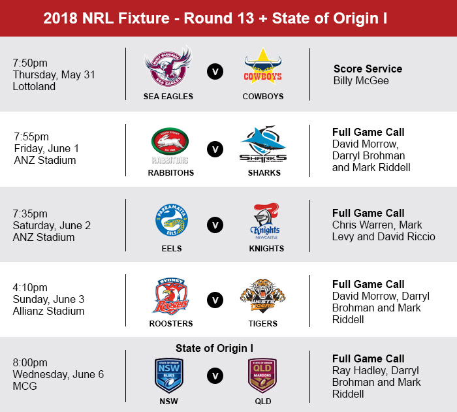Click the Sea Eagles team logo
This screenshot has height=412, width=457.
[168, 67]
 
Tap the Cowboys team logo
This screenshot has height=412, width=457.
[263, 67]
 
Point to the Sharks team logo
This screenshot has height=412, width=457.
[263, 144]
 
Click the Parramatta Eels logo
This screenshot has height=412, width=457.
[172, 220]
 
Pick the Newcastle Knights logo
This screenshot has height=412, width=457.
[266, 221]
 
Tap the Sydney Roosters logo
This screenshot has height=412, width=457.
[171, 296]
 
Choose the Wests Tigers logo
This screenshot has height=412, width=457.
[262, 296]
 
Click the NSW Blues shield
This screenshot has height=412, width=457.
[168, 375]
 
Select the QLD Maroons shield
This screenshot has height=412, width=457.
[262, 375]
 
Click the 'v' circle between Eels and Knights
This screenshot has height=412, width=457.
[215, 225]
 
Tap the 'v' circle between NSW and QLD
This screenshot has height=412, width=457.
[215, 376]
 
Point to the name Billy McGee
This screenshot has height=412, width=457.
[361, 80]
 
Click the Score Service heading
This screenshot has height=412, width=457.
[368, 69]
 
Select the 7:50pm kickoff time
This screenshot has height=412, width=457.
[30, 63]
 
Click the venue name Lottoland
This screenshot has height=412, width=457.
[34, 86]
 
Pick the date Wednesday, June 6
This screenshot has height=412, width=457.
[58, 374]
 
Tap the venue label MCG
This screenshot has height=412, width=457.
[25, 386]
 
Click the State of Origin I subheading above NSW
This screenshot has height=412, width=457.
[215, 348]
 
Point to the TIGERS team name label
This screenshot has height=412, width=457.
[263, 324]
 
